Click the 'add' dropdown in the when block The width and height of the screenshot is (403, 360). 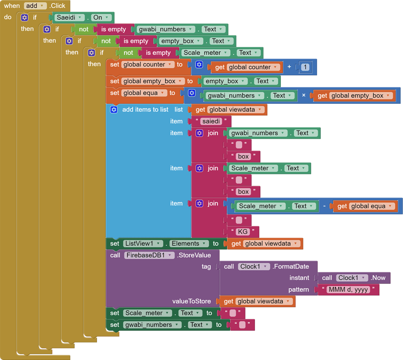[x=35, y=6]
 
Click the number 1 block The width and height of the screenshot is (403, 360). [x=305, y=67]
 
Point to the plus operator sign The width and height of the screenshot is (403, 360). [x=289, y=67]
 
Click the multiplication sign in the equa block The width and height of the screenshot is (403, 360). [x=304, y=95]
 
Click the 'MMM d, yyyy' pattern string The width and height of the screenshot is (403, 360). [x=347, y=289]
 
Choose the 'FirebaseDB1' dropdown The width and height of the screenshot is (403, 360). [x=149, y=255]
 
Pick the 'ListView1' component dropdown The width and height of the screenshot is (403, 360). [x=143, y=244]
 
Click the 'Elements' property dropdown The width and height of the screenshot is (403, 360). [x=189, y=244]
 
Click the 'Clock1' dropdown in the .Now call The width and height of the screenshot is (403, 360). [x=352, y=278]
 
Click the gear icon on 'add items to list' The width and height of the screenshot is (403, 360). [x=114, y=110]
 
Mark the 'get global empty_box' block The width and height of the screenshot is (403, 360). [x=355, y=95]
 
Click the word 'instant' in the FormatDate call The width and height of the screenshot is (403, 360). [x=299, y=278]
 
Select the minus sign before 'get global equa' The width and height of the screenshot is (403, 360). [x=324, y=206]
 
